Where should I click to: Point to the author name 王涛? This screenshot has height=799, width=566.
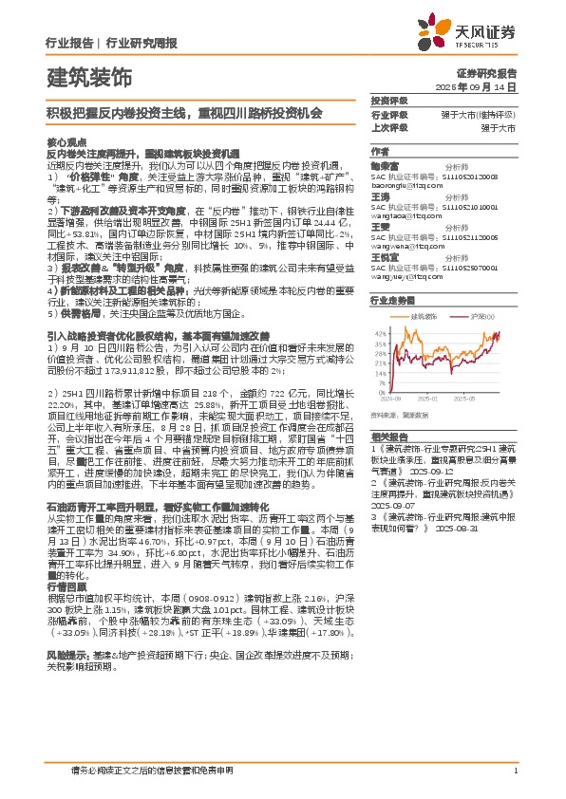tap(380, 197)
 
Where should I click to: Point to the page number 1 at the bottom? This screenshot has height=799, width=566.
tap(515, 771)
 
